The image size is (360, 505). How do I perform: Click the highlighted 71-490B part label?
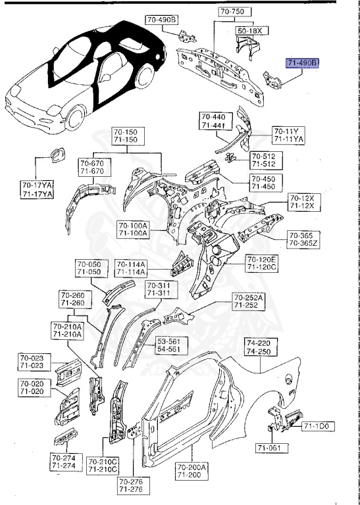click(x=302, y=63)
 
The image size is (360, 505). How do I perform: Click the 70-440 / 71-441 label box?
click(x=212, y=122)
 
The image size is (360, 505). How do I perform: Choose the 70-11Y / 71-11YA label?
click(x=289, y=135)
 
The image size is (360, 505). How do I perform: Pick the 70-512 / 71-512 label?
click(x=264, y=160)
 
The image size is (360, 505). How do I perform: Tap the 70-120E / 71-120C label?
click(x=261, y=264)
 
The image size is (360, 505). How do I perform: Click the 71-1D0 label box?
click(x=319, y=427)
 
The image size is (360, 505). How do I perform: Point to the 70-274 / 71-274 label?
click(x=64, y=462)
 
